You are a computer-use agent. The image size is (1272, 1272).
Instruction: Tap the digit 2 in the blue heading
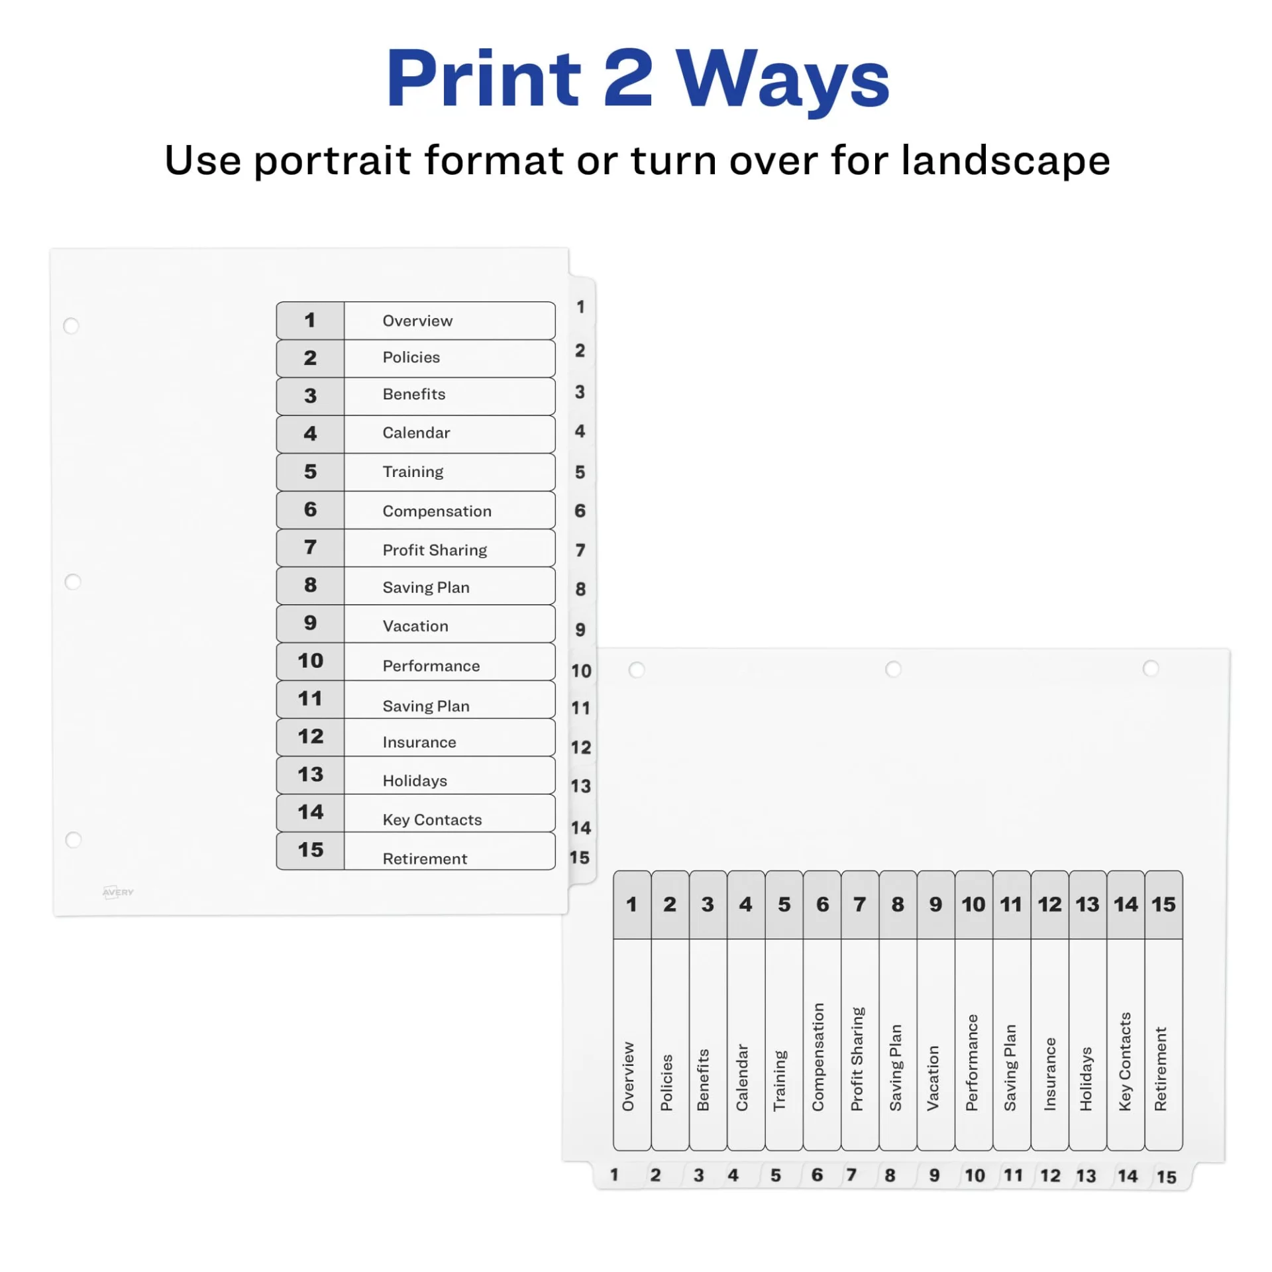pyautogui.click(x=628, y=78)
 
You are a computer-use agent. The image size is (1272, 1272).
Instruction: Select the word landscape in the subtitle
pyautogui.click(x=1005, y=160)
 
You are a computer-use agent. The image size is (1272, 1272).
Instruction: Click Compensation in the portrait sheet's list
pyautogui.click(x=437, y=511)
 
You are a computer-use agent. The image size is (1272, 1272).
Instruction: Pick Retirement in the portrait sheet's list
pyautogui.click(x=425, y=858)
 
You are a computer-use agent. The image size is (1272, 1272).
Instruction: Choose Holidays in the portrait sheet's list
pyautogui.click(x=415, y=780)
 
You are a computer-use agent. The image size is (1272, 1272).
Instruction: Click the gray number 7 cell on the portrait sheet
pyautogui.click(x=310, y=547)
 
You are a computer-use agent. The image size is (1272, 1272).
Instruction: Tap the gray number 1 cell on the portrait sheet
pyautogui.click(x=310, y=321)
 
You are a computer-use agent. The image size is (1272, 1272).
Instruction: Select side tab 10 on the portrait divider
pyautogui.click(x=581, y=670)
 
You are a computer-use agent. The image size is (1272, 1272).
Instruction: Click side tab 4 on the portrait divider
pyautogui.click(x=580, y=431)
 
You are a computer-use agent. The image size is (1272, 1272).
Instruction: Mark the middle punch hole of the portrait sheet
pyautogui.click(x=73, y=582)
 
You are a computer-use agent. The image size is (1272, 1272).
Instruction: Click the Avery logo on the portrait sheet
pyautogui.click(x=118, y=892)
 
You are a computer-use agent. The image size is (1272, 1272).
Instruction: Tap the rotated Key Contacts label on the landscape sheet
pyautogui.click(x=1124, y=1061)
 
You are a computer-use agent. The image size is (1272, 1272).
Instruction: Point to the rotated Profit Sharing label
pyautogui.click(x=857, y=1058)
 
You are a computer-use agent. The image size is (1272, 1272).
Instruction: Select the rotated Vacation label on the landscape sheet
pyautogui.click(x=933, y=1078)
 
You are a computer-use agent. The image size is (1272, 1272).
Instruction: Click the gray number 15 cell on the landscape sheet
pyautogui.click(x=1163, y=904)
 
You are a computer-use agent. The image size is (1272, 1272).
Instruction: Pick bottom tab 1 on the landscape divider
pyautogui.click(x=614, y=1175)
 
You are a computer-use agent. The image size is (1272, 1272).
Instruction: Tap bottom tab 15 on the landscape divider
pyautogui.click(x=1166, y=1177)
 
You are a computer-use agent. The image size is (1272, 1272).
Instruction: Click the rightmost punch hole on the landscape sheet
pyautogui.click(x=1151, y=668)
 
